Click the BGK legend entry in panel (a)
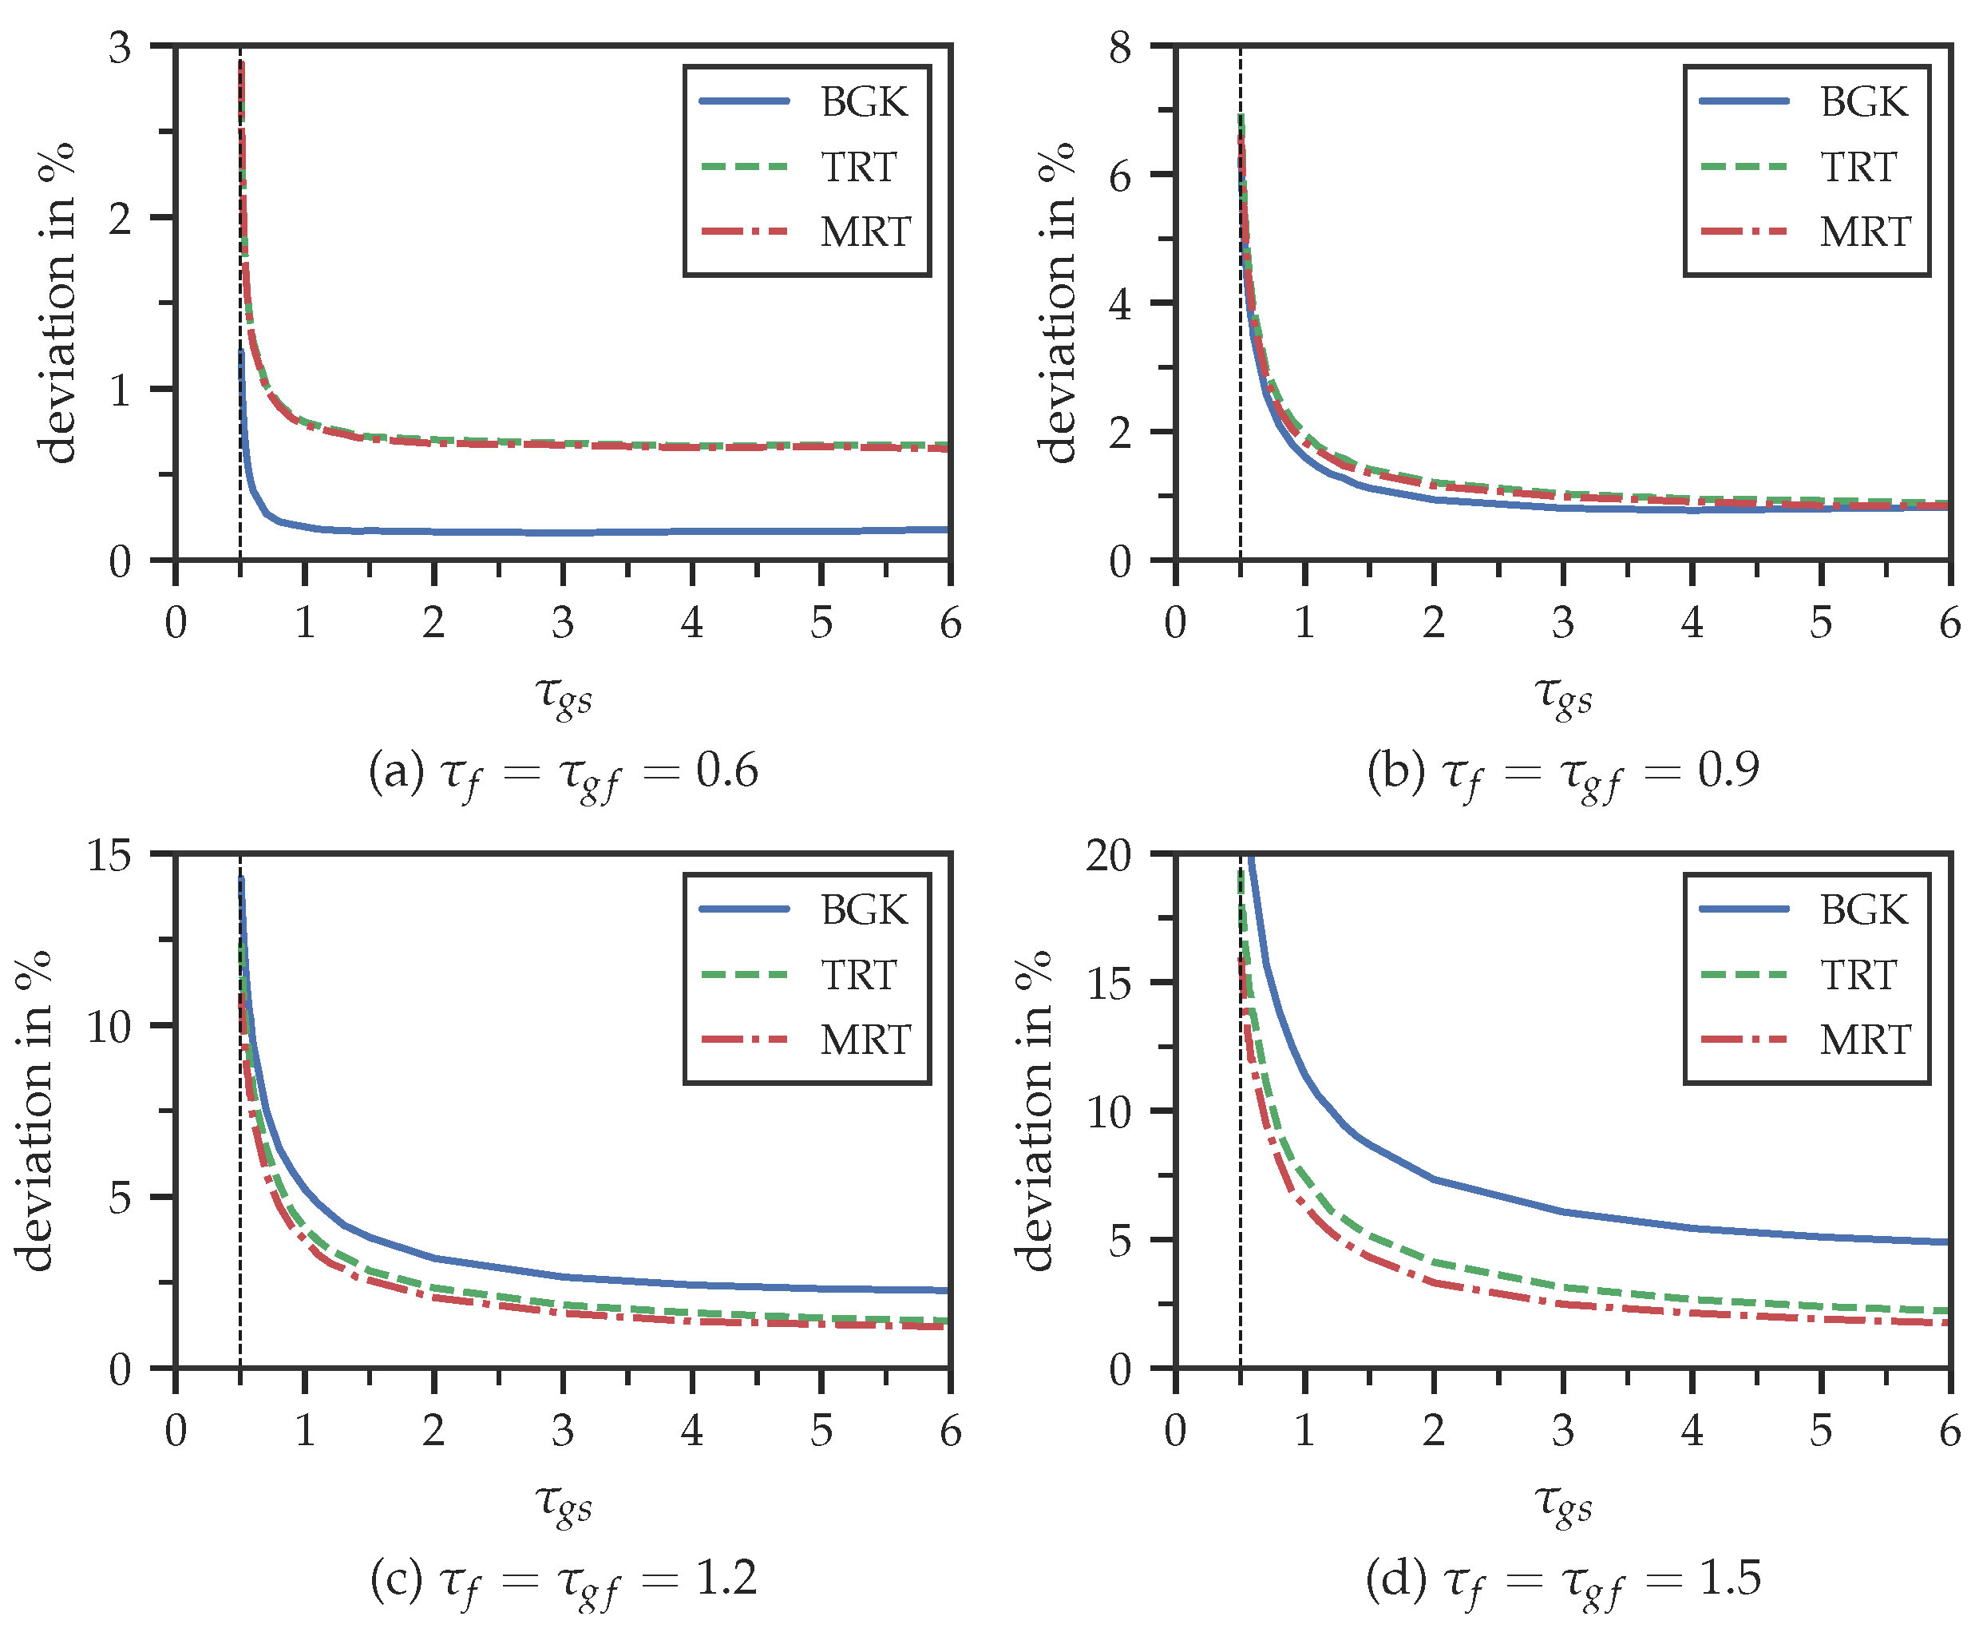pyautogui.click(x=863, y=101)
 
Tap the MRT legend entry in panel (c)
pyautogui.click(x=864, y=1040)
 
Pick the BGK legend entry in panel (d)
pyautogui.click(x=1863, y=910)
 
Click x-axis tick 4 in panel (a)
pyautogui.click(x=691, y=623)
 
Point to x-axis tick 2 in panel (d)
pyautogui.click(x=1434, y=1432)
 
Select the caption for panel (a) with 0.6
pyautogui.click(x=564, y=773)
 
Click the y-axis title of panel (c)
pyautogui.click(x=35, y=1112)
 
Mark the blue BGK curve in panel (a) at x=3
pyautogui.click(x=563, y=533)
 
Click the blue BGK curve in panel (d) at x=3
pyautogui.click(x=1562, y=1211)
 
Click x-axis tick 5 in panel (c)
pyautogui.click(x=821, y=1432)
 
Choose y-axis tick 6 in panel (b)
pyautogui.click(x=1119, y=176)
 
